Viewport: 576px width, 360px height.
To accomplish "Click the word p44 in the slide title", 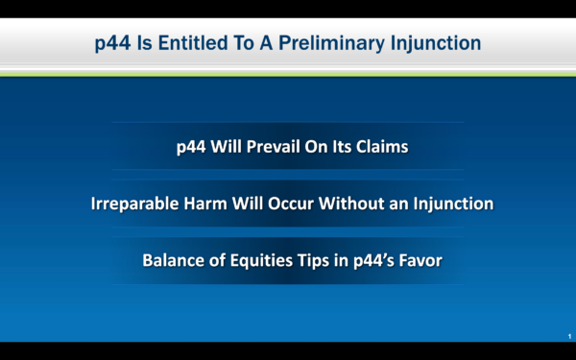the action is coord(112,44).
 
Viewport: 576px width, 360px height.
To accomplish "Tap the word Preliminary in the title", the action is coord(331,44).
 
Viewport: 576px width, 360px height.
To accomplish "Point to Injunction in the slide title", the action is coord(436,44).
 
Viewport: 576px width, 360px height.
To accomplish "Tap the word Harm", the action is coord(205,204).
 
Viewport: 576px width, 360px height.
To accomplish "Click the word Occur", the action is coord(291,204).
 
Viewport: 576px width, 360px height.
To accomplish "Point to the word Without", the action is coord(351,204).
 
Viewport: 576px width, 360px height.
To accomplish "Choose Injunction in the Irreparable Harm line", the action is coord(453,204).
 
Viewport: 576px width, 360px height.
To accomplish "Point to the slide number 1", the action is coord(569,336).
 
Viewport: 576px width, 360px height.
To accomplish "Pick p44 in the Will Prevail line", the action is coord(191,148).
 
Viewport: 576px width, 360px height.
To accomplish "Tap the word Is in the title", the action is coord(145,43).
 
